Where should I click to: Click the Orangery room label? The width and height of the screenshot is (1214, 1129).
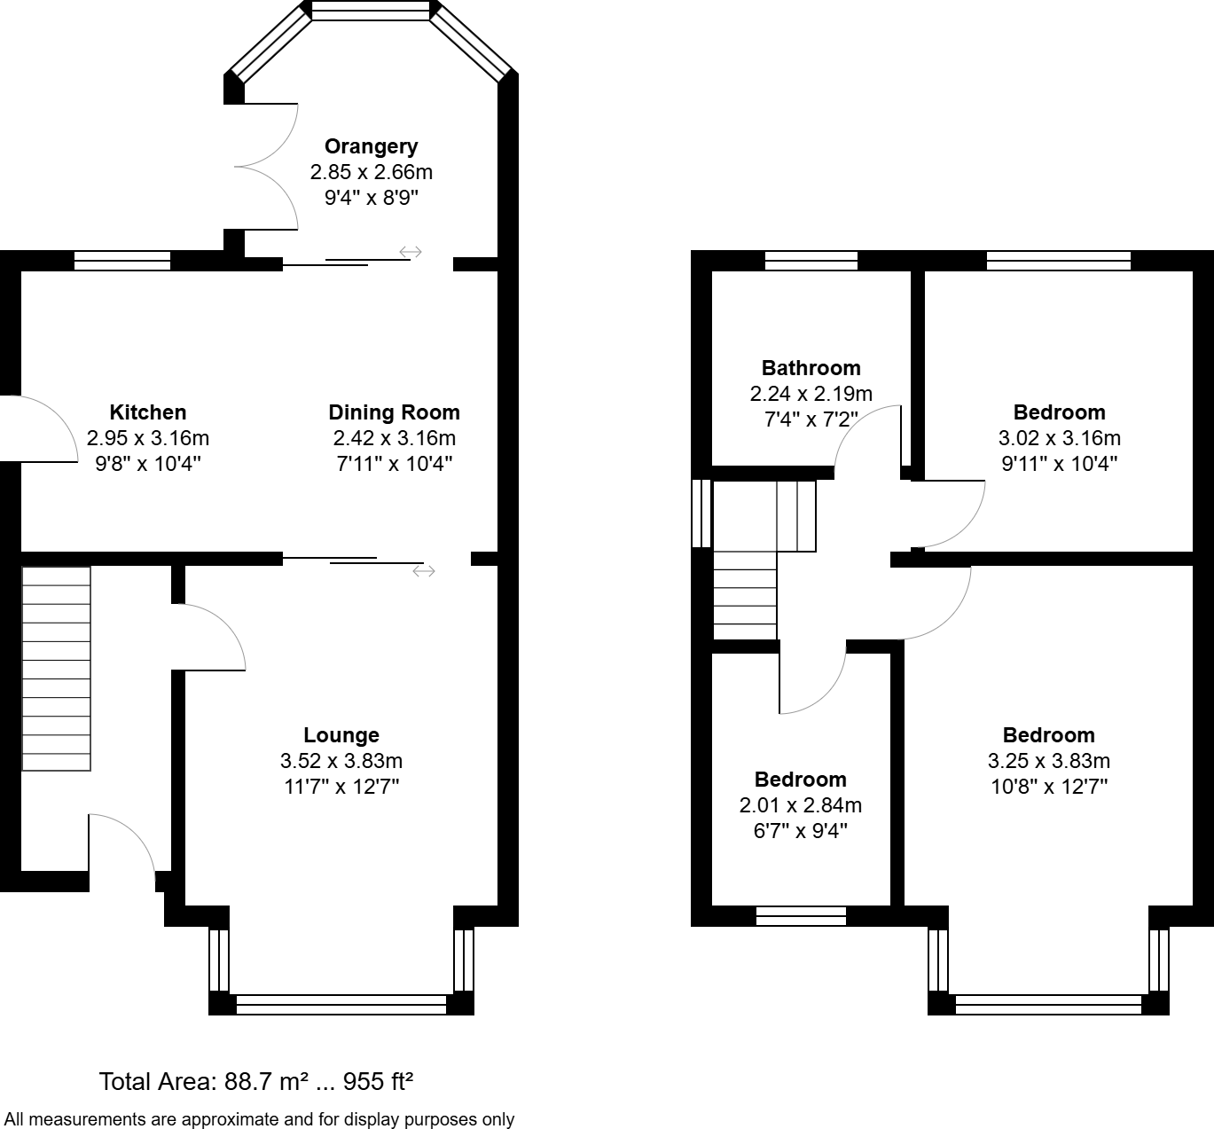371,146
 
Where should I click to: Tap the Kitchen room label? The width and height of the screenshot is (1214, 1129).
148,412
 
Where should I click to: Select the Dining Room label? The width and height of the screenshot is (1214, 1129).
394,412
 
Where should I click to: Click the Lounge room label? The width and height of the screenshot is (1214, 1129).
341,735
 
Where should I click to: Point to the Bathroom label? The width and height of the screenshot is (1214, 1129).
811,368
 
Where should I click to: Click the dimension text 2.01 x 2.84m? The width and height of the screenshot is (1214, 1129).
800,805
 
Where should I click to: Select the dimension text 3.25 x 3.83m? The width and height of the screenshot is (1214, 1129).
1048,761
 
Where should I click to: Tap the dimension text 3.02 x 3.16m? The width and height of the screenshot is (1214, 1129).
1059,438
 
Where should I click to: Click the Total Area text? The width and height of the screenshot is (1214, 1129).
256,1082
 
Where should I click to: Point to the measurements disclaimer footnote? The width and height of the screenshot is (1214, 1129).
259,1119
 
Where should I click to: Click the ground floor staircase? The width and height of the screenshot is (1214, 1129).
56,668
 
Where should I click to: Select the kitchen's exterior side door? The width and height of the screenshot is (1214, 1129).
40,428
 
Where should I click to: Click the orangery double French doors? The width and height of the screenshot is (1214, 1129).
266,166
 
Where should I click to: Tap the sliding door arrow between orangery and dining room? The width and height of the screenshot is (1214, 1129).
410,253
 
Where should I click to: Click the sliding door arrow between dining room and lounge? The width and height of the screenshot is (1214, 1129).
424,571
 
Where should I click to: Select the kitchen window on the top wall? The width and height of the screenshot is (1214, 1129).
121,261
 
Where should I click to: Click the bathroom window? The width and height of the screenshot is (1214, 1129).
811,261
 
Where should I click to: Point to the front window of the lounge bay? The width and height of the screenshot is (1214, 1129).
341,1004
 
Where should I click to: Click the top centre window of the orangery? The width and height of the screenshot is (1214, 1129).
371,11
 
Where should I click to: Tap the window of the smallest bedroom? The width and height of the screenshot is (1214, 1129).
801,916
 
